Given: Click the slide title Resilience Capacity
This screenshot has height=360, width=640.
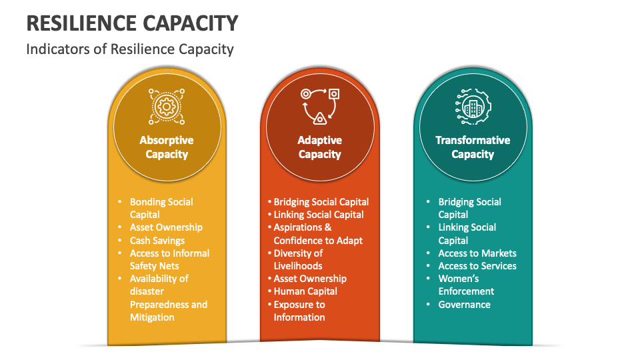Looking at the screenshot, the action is [132, 23].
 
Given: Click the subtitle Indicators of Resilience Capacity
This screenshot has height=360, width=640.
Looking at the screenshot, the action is [130, 49].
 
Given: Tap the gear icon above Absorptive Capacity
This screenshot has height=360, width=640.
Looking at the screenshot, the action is [167, 107].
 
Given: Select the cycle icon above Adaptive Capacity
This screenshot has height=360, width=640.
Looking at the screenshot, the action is [320, 106].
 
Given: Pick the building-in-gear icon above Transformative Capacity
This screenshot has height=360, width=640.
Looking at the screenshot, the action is [473, 106].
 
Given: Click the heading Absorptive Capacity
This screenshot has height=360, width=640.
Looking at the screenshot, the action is [167, 147].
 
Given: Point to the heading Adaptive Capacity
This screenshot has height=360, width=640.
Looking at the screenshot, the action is [319, 147].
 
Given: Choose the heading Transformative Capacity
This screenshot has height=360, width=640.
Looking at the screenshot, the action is [473, 147].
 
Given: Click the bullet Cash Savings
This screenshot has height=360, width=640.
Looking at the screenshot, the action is [157, 241].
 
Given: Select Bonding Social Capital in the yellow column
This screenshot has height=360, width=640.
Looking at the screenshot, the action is [161, 208].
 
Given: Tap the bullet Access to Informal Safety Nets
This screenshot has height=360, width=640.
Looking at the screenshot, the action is [169, 259].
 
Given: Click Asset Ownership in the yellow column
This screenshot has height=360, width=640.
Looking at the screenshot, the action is [166, 227].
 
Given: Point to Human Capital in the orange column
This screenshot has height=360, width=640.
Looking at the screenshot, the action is [305, 291].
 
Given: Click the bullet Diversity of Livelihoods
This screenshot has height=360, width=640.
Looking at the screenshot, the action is [298, 259].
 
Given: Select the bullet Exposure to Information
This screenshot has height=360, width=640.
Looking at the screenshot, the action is [299, 311].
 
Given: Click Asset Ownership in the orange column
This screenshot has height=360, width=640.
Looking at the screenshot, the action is [310, 279].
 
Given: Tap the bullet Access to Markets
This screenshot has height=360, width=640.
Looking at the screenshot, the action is [477, 253].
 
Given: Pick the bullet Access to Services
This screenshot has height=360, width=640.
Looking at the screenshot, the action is [477, 266].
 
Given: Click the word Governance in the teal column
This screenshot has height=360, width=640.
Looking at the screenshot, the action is [465, 305].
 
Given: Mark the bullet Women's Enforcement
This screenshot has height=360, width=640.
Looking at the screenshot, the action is [466, 285].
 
